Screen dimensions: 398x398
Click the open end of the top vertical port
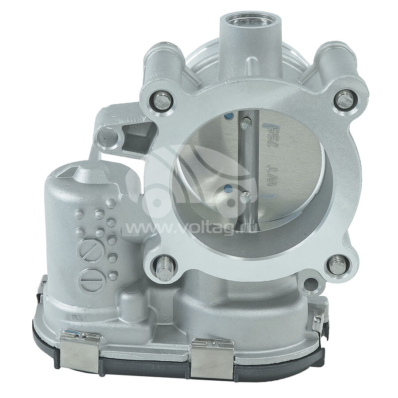[x=251, y=21]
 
